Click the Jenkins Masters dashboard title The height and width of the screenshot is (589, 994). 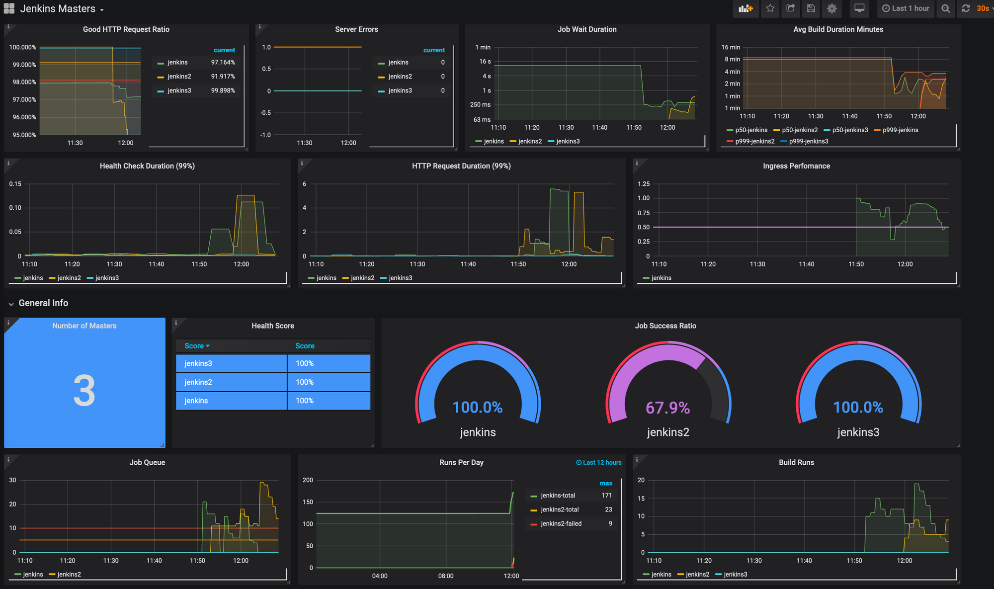click(x=58, y=9)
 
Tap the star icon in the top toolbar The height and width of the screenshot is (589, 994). click(x=770, y=8)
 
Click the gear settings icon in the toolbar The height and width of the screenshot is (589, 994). click(x=831, y=8)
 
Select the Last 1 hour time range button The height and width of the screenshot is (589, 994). click(x=906, y=8)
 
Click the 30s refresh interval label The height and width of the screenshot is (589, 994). click(x=983, y=8)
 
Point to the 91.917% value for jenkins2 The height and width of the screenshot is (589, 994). click(x=223, y=77)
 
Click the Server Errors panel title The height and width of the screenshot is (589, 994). click(x=356, y=29)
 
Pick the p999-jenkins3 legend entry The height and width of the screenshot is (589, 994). click(x=808, y=141)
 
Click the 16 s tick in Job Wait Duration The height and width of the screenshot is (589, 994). click(x=485, y=62)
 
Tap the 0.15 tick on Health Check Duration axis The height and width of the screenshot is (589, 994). click(x=15, y=184)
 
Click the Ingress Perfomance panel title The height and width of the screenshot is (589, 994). click(x=796, y=166)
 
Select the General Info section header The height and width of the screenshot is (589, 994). click(x=43, y=303)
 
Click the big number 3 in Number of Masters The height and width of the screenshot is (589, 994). click(x=84, y=391)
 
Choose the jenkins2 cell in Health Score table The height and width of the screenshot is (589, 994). click(x=198, y=382)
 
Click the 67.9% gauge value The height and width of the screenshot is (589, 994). click(x=667, y=408)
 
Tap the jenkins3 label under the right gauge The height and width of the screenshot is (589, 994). click(x=858, y=432)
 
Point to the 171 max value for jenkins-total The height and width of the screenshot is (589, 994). click(x=606, y=496)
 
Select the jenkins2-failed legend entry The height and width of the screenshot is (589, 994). click(x=561, y=524)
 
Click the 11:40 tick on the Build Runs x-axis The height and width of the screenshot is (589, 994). click(x=804, y=561)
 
